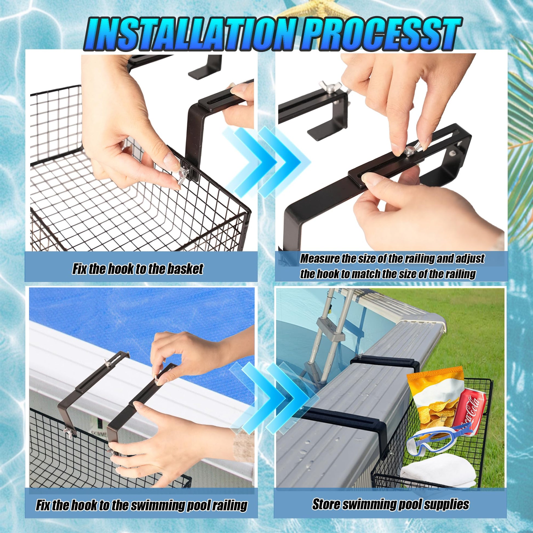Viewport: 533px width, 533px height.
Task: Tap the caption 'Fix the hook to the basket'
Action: pos(138,269)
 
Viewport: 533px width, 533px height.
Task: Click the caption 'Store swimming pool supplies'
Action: pos(390,497)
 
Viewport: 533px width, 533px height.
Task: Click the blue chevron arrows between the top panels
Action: pos(266,160)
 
